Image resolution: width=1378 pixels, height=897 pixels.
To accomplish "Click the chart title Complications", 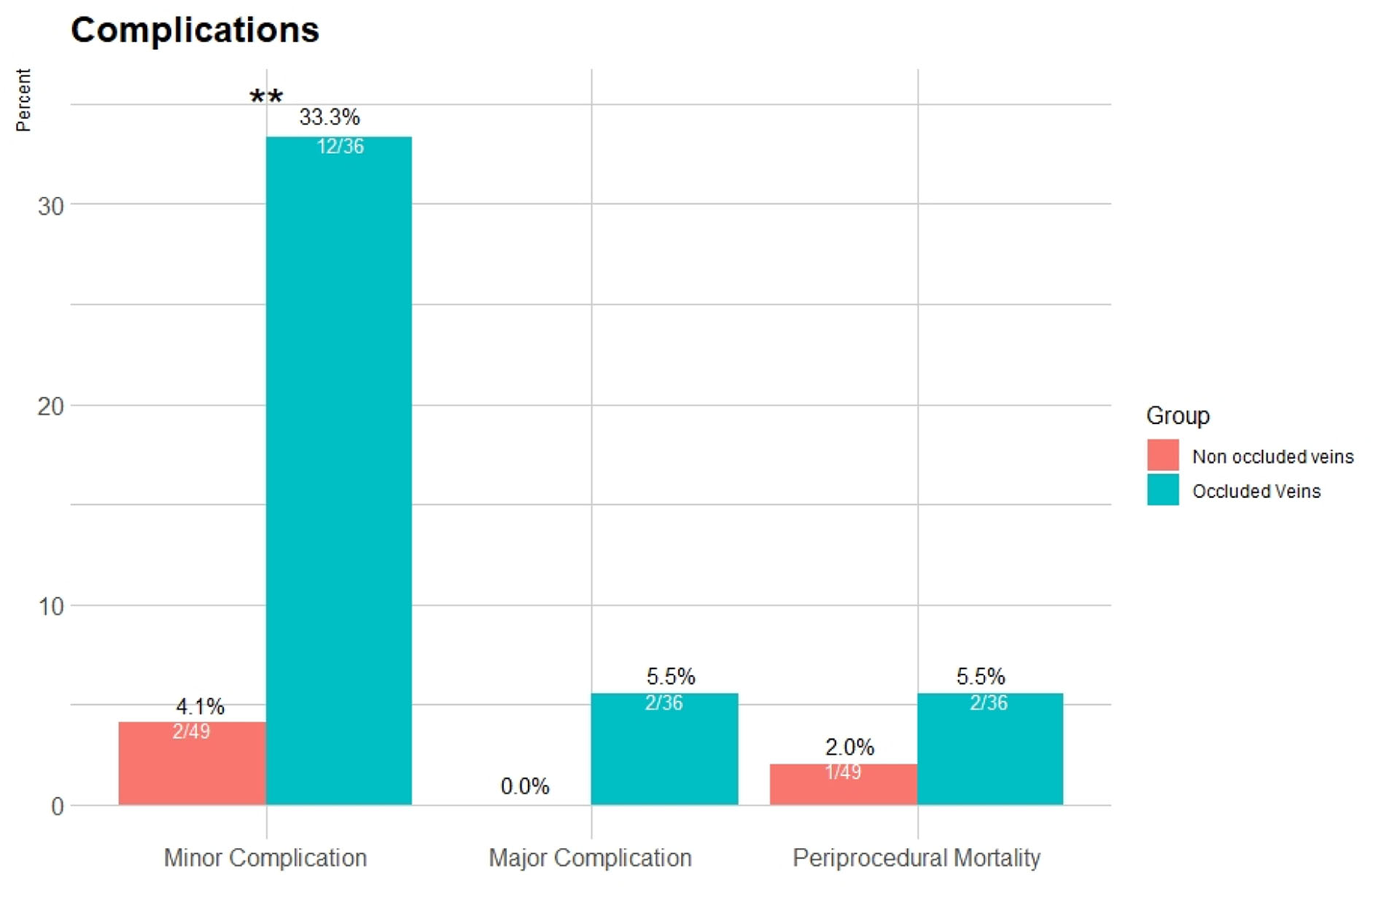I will (194, 30).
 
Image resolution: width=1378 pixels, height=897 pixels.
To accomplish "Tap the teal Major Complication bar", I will (664, 755).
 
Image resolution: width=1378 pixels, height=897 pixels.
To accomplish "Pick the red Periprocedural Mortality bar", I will (843, 790).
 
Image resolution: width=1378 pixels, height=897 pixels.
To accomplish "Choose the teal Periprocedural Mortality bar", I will (989, 755).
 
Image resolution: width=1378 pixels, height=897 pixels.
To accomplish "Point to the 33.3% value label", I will (329, 117).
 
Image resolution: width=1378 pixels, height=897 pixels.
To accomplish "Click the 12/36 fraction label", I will (340, 146).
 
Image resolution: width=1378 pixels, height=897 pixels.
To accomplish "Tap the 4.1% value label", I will (200, 706).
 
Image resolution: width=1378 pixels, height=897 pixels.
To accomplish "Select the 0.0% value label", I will (525, 787).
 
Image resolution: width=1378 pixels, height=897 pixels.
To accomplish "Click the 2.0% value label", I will (849, 748).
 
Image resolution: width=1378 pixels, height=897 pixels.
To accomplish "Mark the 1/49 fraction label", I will (843, 773).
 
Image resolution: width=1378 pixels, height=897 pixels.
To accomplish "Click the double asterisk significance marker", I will (266, 97).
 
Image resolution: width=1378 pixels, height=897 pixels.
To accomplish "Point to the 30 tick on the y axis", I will (51, 206).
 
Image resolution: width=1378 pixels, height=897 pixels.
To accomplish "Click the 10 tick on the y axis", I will (51, 607).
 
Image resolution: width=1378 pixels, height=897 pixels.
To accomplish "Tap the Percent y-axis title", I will (23, 100).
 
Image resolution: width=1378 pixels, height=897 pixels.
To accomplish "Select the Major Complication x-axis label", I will (589, 858).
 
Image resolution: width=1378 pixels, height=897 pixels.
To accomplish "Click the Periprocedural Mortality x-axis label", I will (916, 858).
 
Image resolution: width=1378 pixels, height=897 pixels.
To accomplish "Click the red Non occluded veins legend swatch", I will (1162, 455).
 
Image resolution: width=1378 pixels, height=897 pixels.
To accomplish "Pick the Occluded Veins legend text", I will (1256, 492).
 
